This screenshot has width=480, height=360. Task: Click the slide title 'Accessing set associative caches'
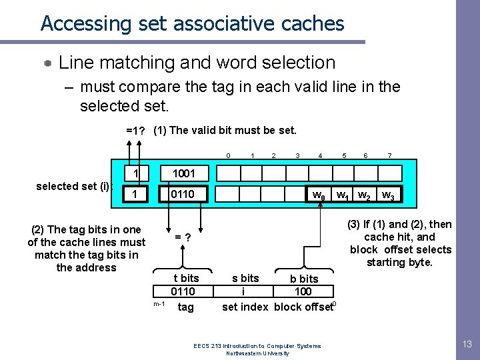[x=192, y=24]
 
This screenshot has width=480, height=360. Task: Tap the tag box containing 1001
[x=183, y=173]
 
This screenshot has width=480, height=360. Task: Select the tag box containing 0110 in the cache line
[x=183, y=195]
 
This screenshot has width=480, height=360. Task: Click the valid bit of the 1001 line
[x=136, y=173]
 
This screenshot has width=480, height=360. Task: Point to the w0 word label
[x=319, y=196]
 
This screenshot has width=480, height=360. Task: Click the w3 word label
[x=387, y=196]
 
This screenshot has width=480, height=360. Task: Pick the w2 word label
[x=364, y=196]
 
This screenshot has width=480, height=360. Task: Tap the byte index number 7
[x=390, y=155]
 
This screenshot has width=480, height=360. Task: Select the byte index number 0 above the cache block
[x=228, y=155]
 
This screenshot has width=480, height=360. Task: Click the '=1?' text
[x=137, y=131]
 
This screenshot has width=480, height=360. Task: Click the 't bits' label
[x=186, y=278]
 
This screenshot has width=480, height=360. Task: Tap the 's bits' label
[x=245, y=278]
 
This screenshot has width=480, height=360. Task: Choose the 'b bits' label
[x=304, y=279]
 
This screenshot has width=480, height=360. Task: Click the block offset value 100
[x=303, y=292]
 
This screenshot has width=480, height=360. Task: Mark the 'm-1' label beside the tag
[x=159, y=304]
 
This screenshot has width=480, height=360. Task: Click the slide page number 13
[x=467, y=344]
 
